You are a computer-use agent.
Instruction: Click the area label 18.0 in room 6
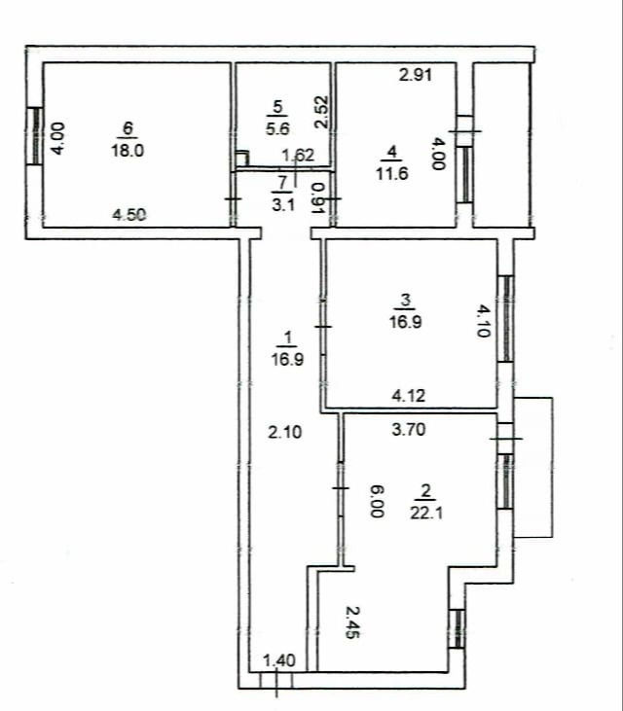(x=128, y=150)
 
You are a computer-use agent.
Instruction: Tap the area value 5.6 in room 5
(x=277, y=128)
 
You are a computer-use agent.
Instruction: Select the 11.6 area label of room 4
(x=392, y=173)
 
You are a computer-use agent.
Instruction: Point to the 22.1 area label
(x=426, y=513)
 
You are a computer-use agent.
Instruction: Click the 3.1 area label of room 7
(x=283, y=205)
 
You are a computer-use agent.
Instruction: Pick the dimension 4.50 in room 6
(x=129, y=215)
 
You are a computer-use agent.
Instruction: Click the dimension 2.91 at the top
(x=416, y=74)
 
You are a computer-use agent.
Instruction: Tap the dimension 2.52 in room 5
(x=321, y=112)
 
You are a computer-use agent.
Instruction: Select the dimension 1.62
(x=298, y=156)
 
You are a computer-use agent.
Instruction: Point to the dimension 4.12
(x=409, y=396)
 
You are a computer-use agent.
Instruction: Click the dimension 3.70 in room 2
(x=409, y=429)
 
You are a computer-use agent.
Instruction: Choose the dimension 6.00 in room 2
(x=377, y=501)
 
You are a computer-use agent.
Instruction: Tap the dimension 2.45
(x=352, y=622)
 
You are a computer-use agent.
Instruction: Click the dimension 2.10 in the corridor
(x=285, y=432)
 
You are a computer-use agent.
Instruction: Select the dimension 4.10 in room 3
(x=484, y=321)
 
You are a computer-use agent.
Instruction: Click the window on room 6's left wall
(x=34, y=135)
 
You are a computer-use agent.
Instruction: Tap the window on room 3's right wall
(x=506, y=319)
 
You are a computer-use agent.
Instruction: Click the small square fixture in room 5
(x=242, y=159)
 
